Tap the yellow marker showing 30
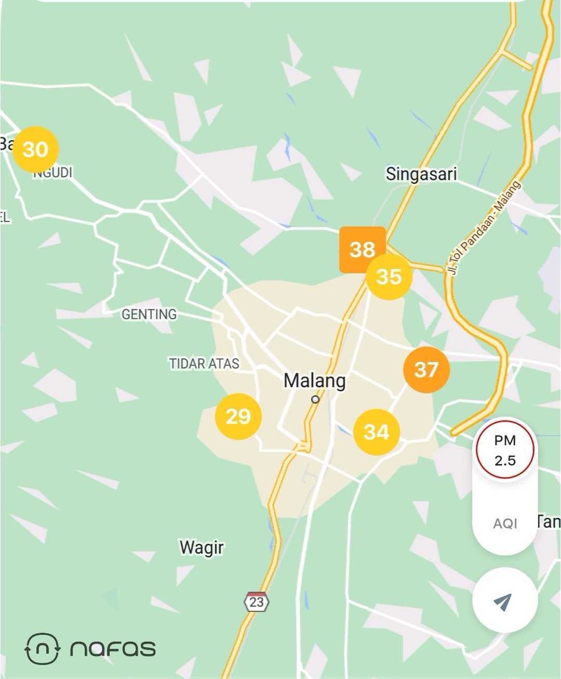(36, 149)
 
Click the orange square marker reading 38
(362, 249)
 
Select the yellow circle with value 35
(388, 277)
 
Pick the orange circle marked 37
(426, 369)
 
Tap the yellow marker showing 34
(376, 432)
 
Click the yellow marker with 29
(238, 416)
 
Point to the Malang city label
(314, 381)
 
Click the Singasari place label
(421, 174)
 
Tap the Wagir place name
(202, 548)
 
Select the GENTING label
(149, 314)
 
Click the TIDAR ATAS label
(204, 363)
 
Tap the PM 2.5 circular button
(505, 449)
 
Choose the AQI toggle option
(505, 523)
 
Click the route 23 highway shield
(256, 602)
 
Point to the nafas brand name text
(113, 648)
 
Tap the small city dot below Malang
(315, 399)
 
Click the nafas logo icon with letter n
(42, 648)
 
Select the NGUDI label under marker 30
(53, 173)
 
